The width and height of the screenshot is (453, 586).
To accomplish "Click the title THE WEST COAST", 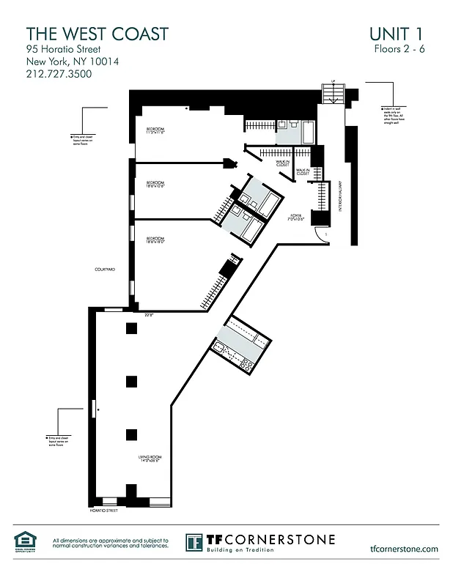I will click(97, 34).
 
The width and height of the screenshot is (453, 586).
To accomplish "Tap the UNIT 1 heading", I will click(396, 34).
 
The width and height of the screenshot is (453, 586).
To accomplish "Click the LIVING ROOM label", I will click(150, 459).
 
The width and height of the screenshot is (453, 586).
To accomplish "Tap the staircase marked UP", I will click(334, 94).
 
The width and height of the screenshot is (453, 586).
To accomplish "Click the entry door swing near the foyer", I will click(320, 234).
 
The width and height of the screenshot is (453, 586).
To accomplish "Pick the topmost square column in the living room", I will click(131, 328).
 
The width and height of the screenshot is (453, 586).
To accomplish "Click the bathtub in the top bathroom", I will click(309, 135).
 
